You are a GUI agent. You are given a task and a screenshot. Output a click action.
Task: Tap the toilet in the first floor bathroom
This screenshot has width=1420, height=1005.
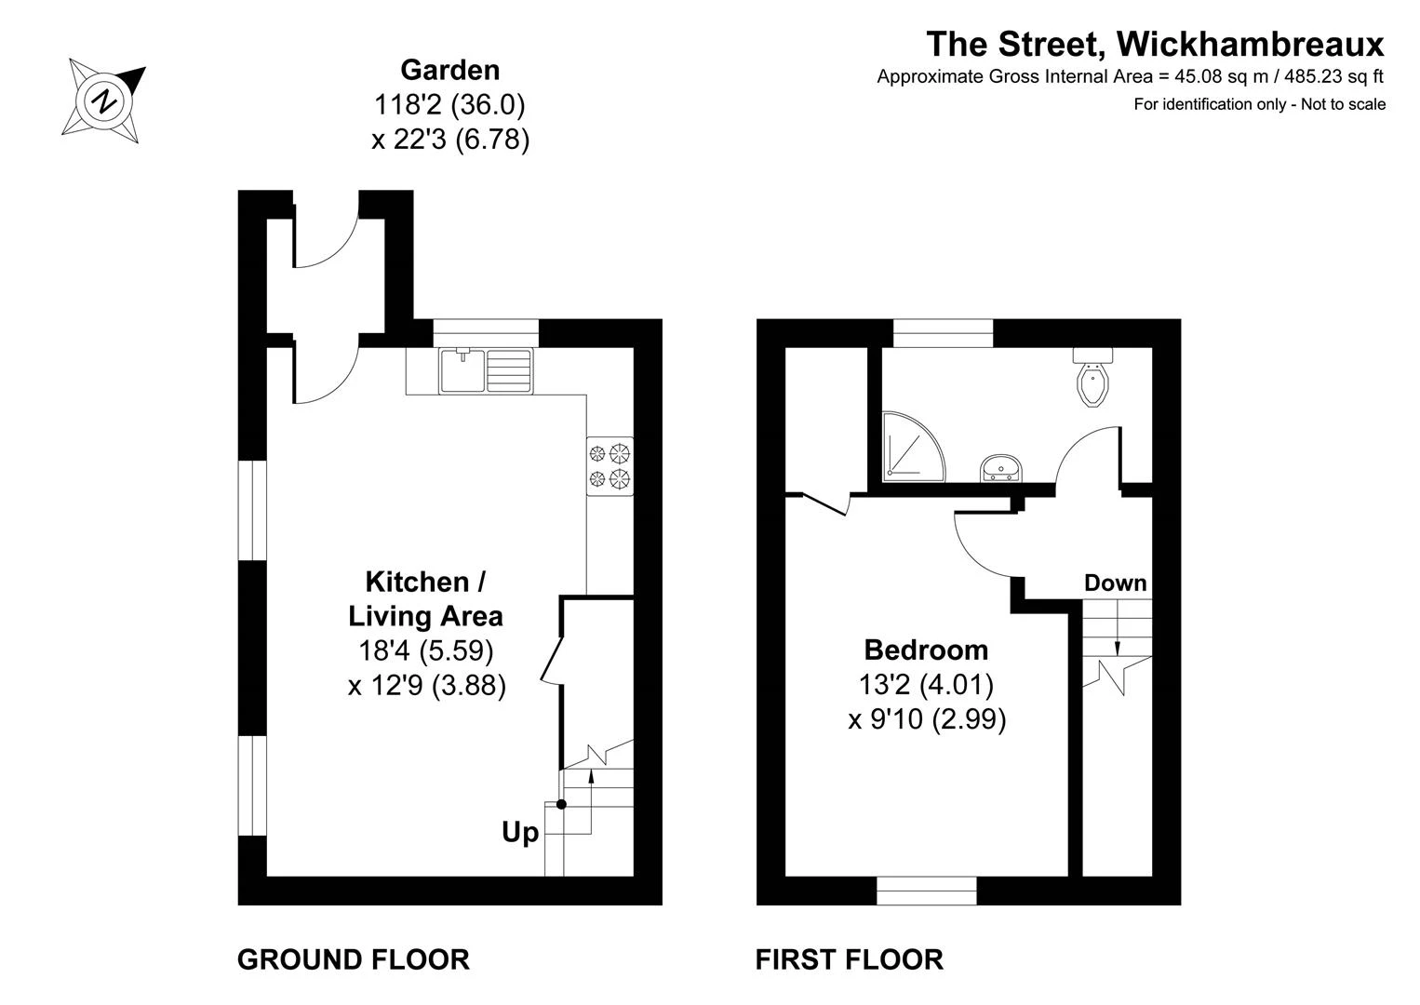(1092, 377)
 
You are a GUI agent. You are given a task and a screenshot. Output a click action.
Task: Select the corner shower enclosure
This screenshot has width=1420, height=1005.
(914, 447)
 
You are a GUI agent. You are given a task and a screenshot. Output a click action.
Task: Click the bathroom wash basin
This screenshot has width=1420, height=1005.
(1001, 469)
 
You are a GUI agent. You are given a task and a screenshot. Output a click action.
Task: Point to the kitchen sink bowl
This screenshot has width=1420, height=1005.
(462, 370)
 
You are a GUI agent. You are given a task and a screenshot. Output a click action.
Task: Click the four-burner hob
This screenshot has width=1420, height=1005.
(610, 466)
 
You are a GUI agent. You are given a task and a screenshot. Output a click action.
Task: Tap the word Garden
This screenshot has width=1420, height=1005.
(450, 70)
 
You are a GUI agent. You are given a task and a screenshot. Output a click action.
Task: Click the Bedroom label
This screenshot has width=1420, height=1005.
(926, 650)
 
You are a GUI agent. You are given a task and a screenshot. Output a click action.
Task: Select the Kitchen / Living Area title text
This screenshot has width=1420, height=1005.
(425, 598)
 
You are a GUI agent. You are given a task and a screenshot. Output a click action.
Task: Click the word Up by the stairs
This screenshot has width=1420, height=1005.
(520, 833)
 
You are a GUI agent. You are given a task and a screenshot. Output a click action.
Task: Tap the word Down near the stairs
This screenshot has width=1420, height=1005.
(1116, 583)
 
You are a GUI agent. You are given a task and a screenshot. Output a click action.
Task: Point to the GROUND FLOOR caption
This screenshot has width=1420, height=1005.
(353, 960)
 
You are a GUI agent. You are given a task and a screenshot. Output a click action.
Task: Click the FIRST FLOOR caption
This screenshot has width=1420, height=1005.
(850, 960)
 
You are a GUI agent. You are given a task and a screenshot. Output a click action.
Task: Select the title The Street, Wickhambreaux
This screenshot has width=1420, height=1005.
(1155, 44)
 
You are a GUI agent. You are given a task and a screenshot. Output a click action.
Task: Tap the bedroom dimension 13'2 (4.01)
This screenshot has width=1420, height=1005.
(926, 685)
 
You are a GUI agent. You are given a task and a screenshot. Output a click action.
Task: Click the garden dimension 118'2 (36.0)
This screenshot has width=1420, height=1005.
(449, 104)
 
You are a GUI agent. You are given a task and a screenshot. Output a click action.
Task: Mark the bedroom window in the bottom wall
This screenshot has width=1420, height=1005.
(926, 891)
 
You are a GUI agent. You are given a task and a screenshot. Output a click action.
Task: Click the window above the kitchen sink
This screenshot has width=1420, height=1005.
(486, 333)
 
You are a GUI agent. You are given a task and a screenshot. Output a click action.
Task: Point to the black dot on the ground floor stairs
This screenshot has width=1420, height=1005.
(561, 805)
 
